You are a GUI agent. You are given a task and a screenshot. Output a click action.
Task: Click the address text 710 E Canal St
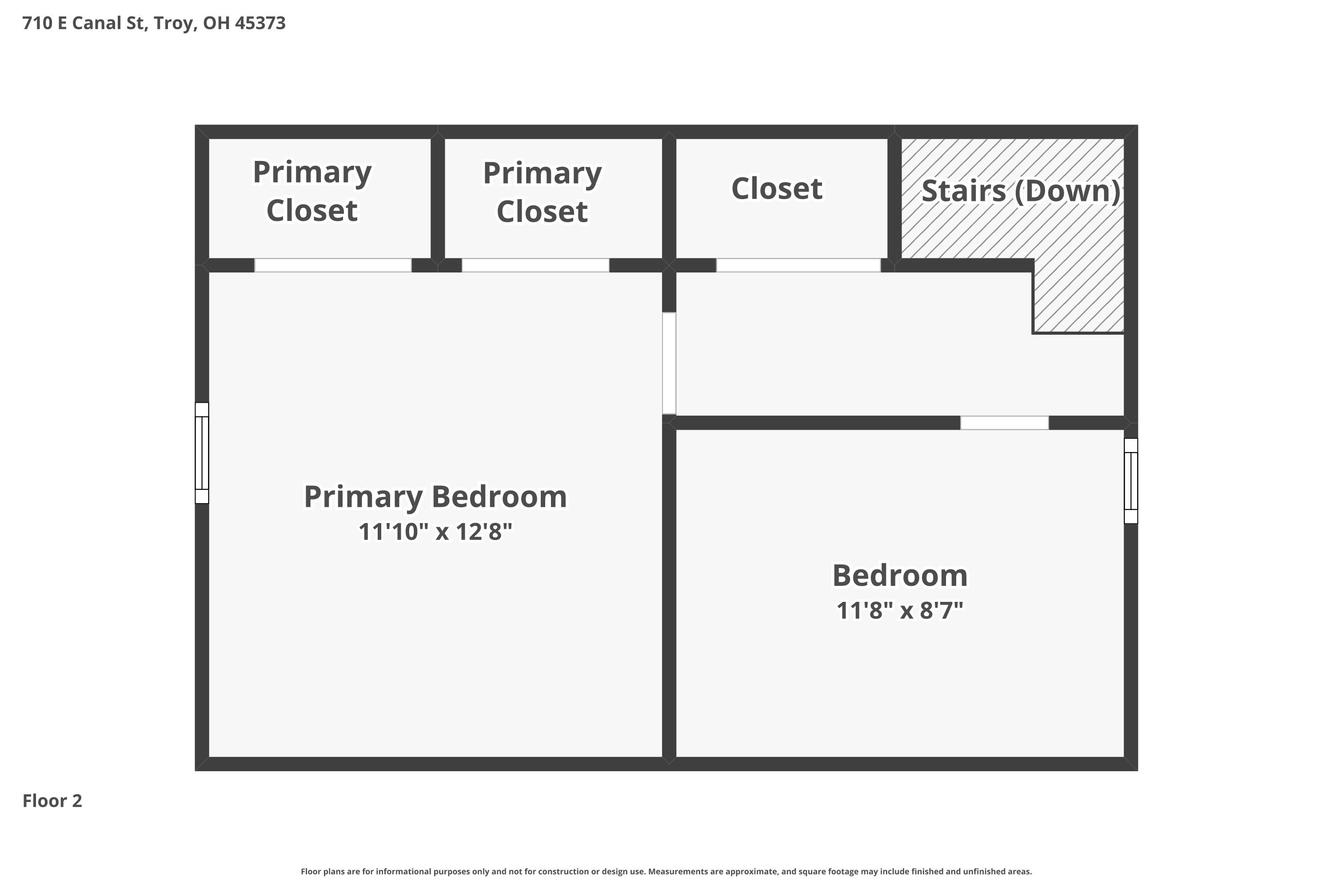click(x=84, y=23)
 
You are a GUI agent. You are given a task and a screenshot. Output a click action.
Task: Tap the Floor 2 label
click(x=52, y=801)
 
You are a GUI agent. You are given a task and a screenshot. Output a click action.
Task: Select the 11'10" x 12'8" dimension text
click(x=435, y=532)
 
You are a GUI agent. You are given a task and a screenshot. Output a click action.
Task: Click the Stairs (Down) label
click(x=1021, y=191)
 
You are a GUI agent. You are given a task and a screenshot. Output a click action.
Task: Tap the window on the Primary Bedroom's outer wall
click(x=202, y=453)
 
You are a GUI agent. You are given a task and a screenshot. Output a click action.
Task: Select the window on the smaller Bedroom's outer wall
click(x=1131, y=481)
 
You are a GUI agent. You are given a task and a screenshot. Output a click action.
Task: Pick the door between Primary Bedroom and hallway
click(x=669, y=364)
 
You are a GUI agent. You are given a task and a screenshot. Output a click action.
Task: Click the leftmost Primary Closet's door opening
click(x=333, y=265)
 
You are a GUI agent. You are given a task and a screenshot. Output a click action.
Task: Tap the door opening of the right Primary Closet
click(x=535, y=265)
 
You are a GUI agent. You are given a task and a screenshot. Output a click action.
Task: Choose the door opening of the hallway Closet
click(x=798, y=265)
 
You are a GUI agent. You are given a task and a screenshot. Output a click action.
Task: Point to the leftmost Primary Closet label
click(x=312, y=191)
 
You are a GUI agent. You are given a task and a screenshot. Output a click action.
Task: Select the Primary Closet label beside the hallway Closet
click(x=543, y=192)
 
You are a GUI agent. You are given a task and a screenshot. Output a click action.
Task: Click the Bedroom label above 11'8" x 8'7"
click(x=900, y=576)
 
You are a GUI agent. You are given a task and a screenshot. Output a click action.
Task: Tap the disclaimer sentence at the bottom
click(x=666, y=871)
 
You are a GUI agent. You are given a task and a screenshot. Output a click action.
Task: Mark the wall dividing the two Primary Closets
click(x=438, y=198)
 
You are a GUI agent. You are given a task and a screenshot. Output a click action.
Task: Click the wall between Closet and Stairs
click(x=894, y=198)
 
